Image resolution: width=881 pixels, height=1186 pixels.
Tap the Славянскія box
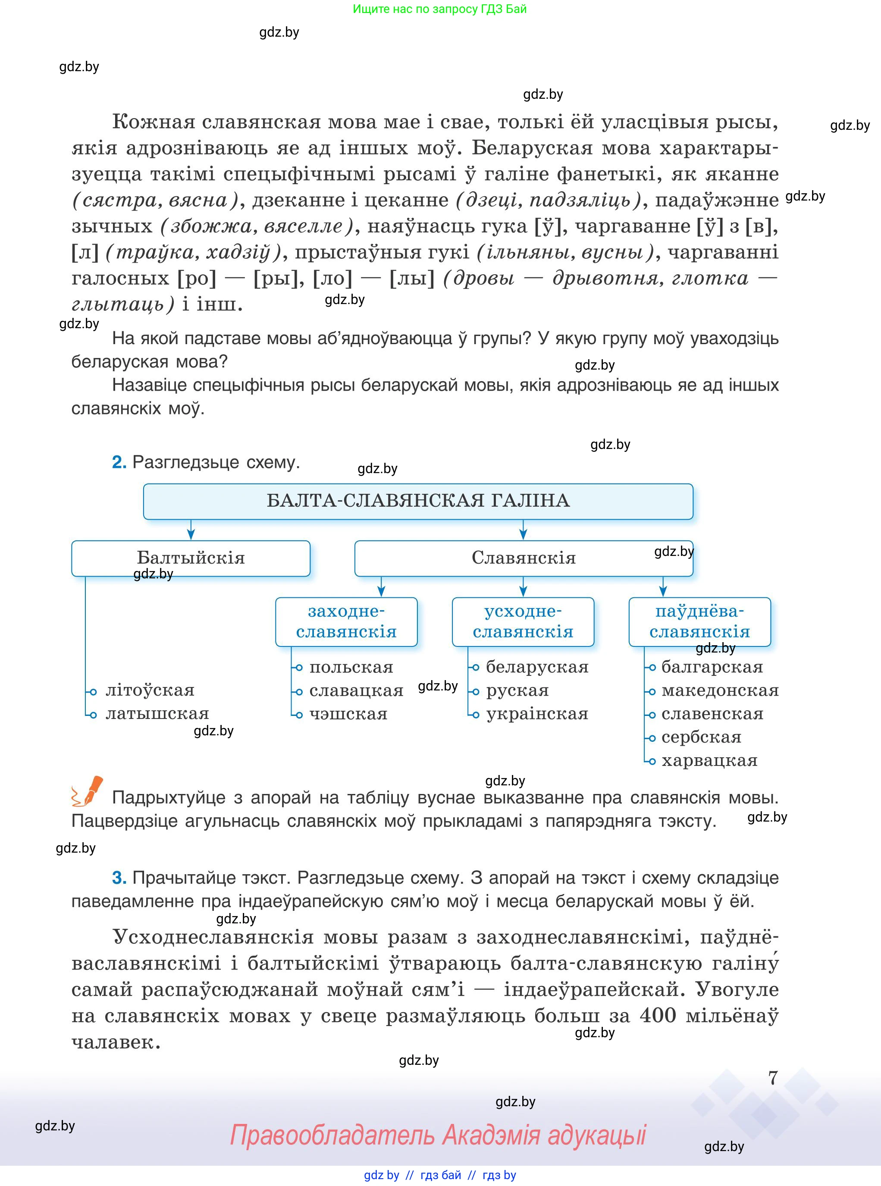[x=523, y=558]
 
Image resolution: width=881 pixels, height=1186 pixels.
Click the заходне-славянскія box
[x=346, y=621]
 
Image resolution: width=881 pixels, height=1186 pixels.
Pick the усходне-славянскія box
[x=523, y=621]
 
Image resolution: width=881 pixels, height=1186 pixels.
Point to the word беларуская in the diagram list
[x=537, y=667]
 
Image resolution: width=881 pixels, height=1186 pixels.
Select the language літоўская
[x=150, y=690]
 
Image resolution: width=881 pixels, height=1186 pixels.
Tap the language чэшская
[x=348, y=714]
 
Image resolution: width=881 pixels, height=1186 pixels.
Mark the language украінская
[x=537, y=714]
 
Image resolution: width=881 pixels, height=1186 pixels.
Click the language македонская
[x=720, y=690]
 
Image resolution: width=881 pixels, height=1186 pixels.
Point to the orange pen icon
[x=88, y=791]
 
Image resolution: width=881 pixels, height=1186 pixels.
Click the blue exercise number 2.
[x=119, y=462]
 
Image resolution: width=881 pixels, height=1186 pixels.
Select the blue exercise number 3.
[x=119, y=878]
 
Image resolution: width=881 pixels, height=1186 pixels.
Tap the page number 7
[x=773, y=1078]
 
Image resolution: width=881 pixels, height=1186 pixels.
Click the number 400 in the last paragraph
[x=658, y=1015]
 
